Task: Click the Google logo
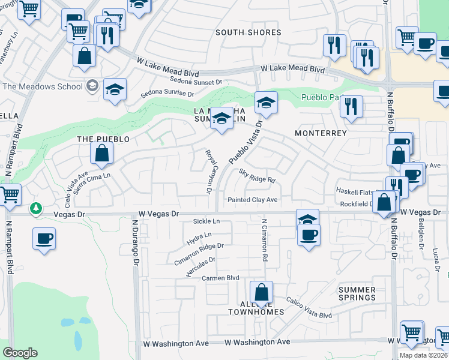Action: point(20,353)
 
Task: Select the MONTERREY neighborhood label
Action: point(321,133)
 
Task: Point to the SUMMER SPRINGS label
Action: point(357,293)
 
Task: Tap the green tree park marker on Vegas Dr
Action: point(37,208)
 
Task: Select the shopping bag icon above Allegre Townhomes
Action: point(261,293)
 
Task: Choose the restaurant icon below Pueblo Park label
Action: point(351,106)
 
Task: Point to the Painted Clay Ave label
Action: point(252,200)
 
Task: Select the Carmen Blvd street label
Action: point(220,278)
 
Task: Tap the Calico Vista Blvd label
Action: point(309,307)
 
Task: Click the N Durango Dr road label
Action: point(135,239)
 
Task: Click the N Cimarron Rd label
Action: point(264,239)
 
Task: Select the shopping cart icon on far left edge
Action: point(8,195)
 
